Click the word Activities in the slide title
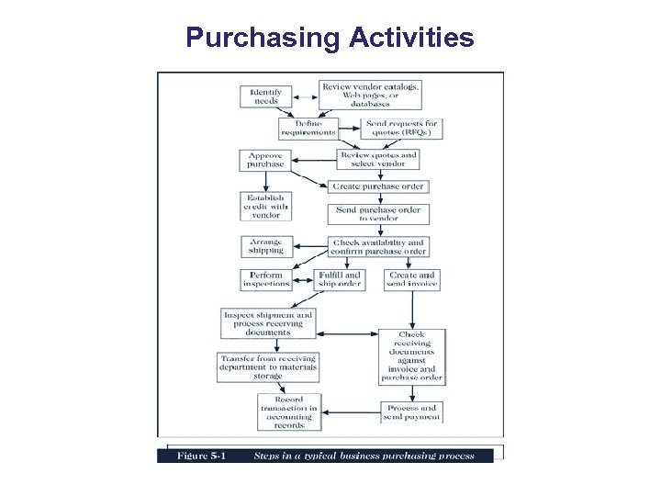point(411,38)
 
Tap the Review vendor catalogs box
point(370,95)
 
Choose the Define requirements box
point(308,128)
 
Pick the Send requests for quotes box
point(402,128)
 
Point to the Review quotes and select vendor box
point(378,160)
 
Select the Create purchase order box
point(378,186)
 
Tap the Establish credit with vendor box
point(264,207)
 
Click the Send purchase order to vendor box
point(377,214)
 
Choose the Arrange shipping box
point(265,246)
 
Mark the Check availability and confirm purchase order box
point(378,247)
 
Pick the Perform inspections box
point(266,279)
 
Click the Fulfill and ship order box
point(340,279)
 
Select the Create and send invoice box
point(412,279)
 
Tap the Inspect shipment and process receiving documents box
point(268,323)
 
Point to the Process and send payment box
point(412,412)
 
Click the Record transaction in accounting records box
point(289,412)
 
